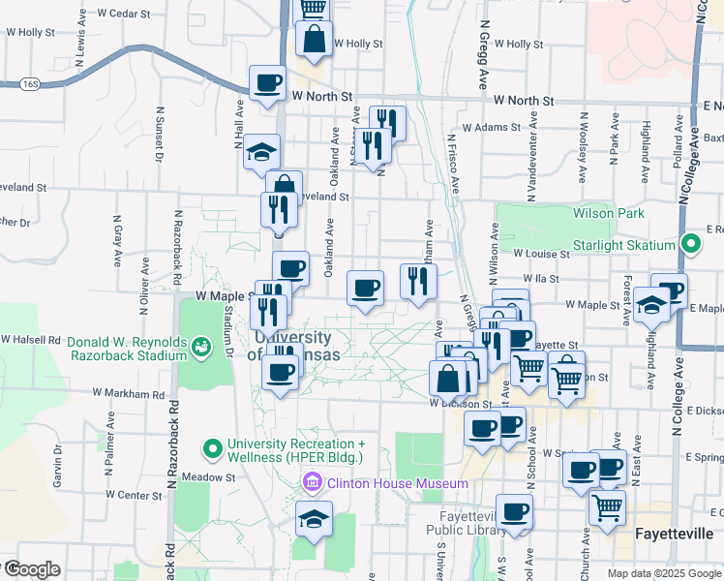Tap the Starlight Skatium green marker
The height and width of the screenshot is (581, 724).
pos(690,244)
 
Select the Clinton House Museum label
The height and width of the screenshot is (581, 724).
pos(397,483)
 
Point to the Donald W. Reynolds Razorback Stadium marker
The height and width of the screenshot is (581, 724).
pos(200,345)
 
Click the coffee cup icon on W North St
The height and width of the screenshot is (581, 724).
pos(268,82)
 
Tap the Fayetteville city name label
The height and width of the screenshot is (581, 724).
pos(674,534)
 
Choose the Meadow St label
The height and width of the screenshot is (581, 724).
pos(209,477)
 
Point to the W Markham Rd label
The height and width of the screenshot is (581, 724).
pos(130,394)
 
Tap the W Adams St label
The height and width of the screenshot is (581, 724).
pos(492,127)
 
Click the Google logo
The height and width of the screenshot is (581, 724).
pos(31,569)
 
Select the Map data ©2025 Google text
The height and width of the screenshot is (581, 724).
pos(663,573)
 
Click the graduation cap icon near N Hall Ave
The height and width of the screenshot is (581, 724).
pos(261,151)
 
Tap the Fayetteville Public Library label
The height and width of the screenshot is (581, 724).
pos(464,523)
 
